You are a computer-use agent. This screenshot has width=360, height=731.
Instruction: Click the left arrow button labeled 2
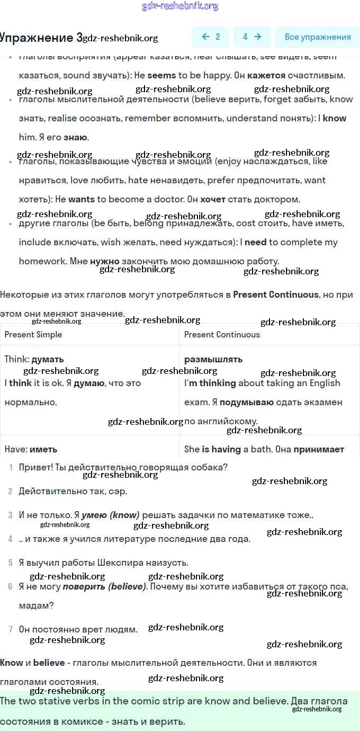coord(211,37)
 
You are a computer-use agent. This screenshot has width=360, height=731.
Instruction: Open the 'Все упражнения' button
coord(317,37)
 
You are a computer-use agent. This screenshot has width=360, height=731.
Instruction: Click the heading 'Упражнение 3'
coord(41,38)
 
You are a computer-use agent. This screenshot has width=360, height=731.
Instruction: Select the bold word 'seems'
coord(161,75)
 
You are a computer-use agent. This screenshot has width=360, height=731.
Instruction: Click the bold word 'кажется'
coord(266,75)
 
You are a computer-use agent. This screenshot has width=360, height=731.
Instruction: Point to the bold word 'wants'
coord(81,199)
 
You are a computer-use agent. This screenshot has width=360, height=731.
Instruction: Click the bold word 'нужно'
coord(104,261)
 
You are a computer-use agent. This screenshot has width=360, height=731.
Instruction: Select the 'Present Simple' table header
coord(33,334)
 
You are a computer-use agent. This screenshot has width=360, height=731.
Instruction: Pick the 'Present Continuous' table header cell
coord(222,334)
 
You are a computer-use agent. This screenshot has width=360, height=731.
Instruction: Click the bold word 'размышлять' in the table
coord(213,359)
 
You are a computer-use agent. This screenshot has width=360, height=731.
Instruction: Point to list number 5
coord(11,563)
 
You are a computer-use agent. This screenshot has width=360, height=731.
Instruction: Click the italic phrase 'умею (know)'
coord(110,515)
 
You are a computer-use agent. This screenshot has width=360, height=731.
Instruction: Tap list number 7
coord(11,629)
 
